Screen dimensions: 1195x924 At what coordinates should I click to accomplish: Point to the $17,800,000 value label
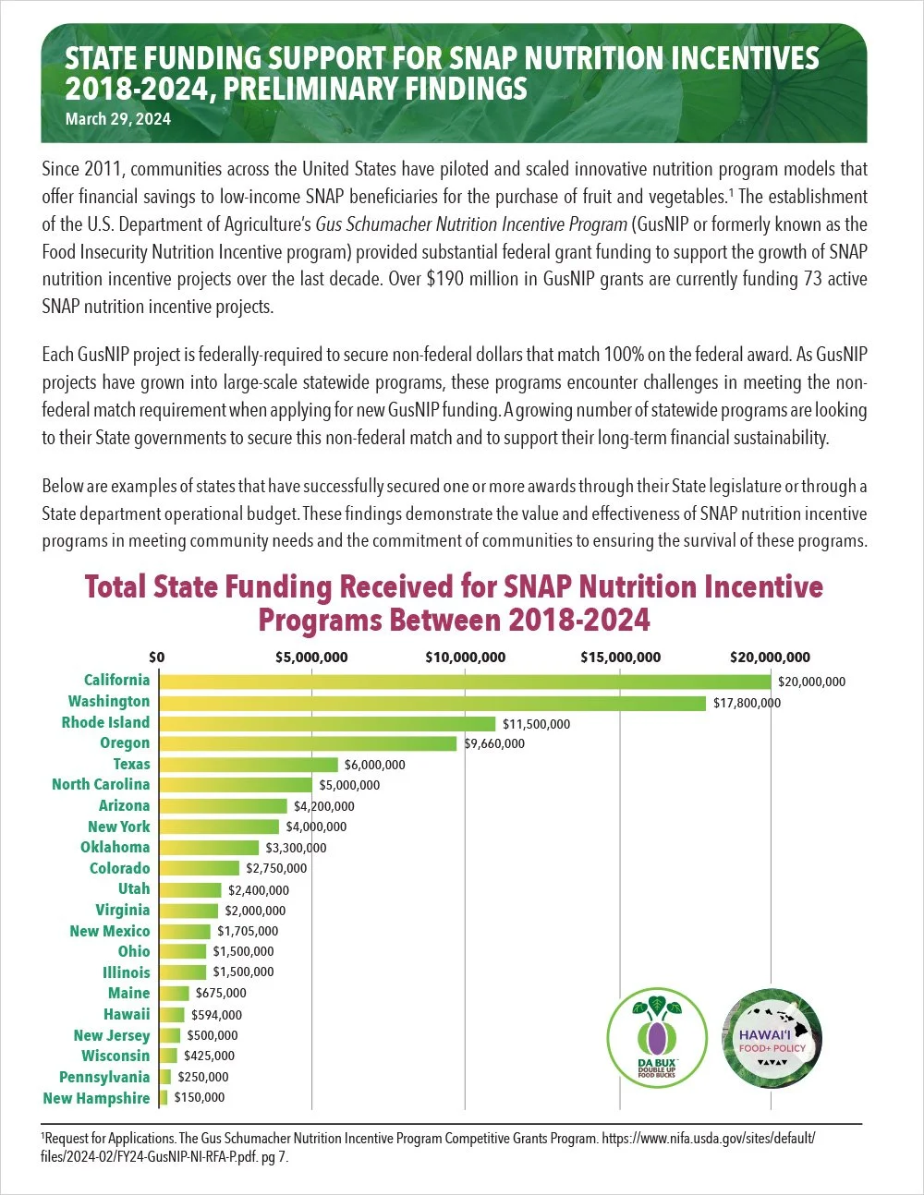[x=747, y=703]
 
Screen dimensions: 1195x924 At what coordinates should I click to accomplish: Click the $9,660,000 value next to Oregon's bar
[x=493, y=743]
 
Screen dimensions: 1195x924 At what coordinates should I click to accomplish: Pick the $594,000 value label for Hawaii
[x=216, y=1015]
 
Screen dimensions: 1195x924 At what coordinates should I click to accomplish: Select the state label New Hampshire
[x=96, y=1098]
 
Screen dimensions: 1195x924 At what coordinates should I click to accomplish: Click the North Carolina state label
[x=101, y=784]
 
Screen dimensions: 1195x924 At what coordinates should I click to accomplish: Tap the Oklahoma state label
[x=115, y=847]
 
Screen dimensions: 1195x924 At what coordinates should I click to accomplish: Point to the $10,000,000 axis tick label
[x=465, y=658]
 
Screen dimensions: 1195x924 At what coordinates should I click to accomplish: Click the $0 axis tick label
[x=157, y=658]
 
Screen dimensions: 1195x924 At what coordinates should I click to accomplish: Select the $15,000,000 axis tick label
[x=620, y=658]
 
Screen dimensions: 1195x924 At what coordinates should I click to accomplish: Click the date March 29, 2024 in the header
[x=117, y=119]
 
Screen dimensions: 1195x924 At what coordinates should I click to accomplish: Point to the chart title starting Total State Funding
[x=454, y=602]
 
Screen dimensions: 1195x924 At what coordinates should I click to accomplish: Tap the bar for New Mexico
[x=185, y=931]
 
